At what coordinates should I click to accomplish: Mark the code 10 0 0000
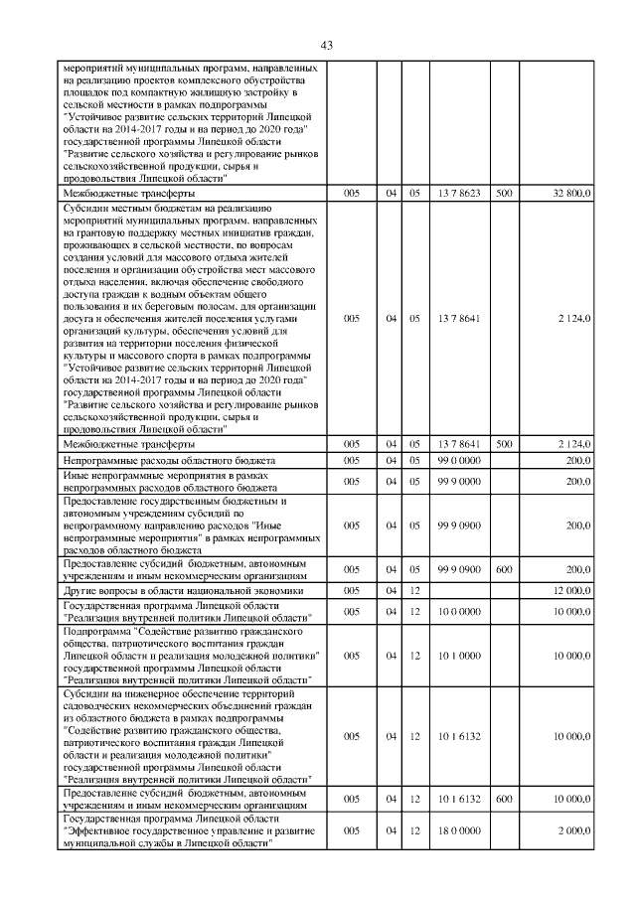(458, 612)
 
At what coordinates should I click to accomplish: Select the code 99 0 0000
(458, 462)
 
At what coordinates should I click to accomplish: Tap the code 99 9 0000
(458, 482)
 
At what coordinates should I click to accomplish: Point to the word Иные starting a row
(75, 476)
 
